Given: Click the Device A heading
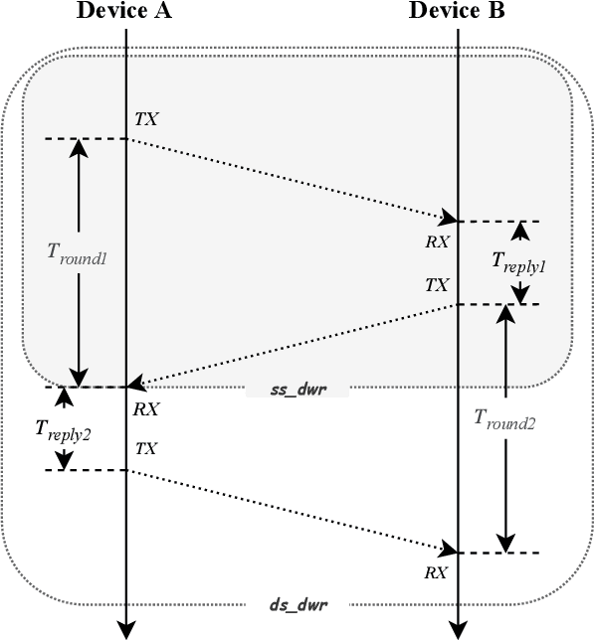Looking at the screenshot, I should [x=124, y=12].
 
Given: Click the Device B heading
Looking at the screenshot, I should [x=457, y=12].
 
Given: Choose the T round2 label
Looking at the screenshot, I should [x=506, y=421].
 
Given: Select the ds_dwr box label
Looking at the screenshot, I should [x=297, y=603].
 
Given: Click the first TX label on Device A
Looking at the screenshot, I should [x=146, y=120].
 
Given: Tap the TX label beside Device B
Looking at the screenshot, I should [x=437, y=285].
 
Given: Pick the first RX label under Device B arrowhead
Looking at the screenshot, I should [x=437, y=240].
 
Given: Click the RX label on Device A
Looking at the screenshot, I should [x=146, y=407].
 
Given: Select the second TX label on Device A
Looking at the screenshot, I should [x=146, y=449].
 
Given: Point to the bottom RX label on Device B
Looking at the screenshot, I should [x=436, y=572].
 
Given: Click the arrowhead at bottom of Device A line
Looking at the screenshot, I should [x=126, y=628].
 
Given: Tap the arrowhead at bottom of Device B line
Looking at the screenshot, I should [x=458, y=628].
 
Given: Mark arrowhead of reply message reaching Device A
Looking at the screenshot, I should [x=135, y=384].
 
